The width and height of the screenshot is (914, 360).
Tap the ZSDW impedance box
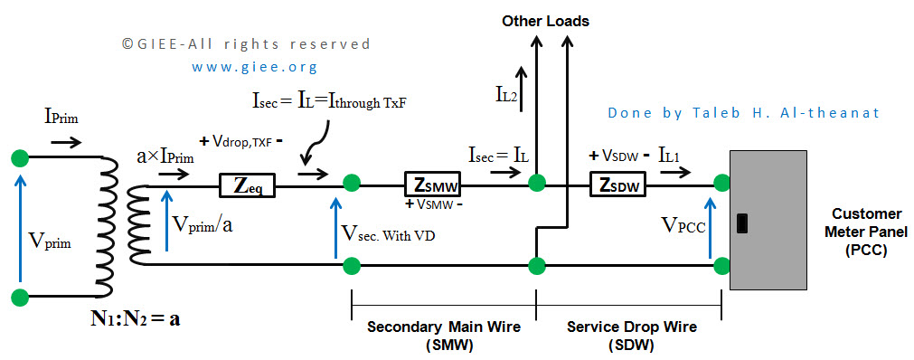click(619, 185)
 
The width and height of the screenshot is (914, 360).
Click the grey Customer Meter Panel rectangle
click(768, 219)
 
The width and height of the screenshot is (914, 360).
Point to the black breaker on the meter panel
click(742, 223)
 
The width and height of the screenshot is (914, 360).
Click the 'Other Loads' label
click(546, 22)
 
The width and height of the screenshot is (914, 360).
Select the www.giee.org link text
click(255, 67)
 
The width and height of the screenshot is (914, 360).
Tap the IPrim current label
click(61, 118)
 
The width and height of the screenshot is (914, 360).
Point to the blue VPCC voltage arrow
click(710, 228)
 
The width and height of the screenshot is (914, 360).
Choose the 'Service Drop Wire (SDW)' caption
click(631, 336)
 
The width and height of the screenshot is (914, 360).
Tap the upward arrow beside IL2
click(521, 88)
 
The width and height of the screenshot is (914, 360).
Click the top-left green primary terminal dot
click(21, 157)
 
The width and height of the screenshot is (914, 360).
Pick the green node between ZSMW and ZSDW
click(536, 183)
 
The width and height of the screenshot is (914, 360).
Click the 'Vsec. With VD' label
click(387, 235)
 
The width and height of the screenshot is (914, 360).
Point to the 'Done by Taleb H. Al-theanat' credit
click(743, 112)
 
